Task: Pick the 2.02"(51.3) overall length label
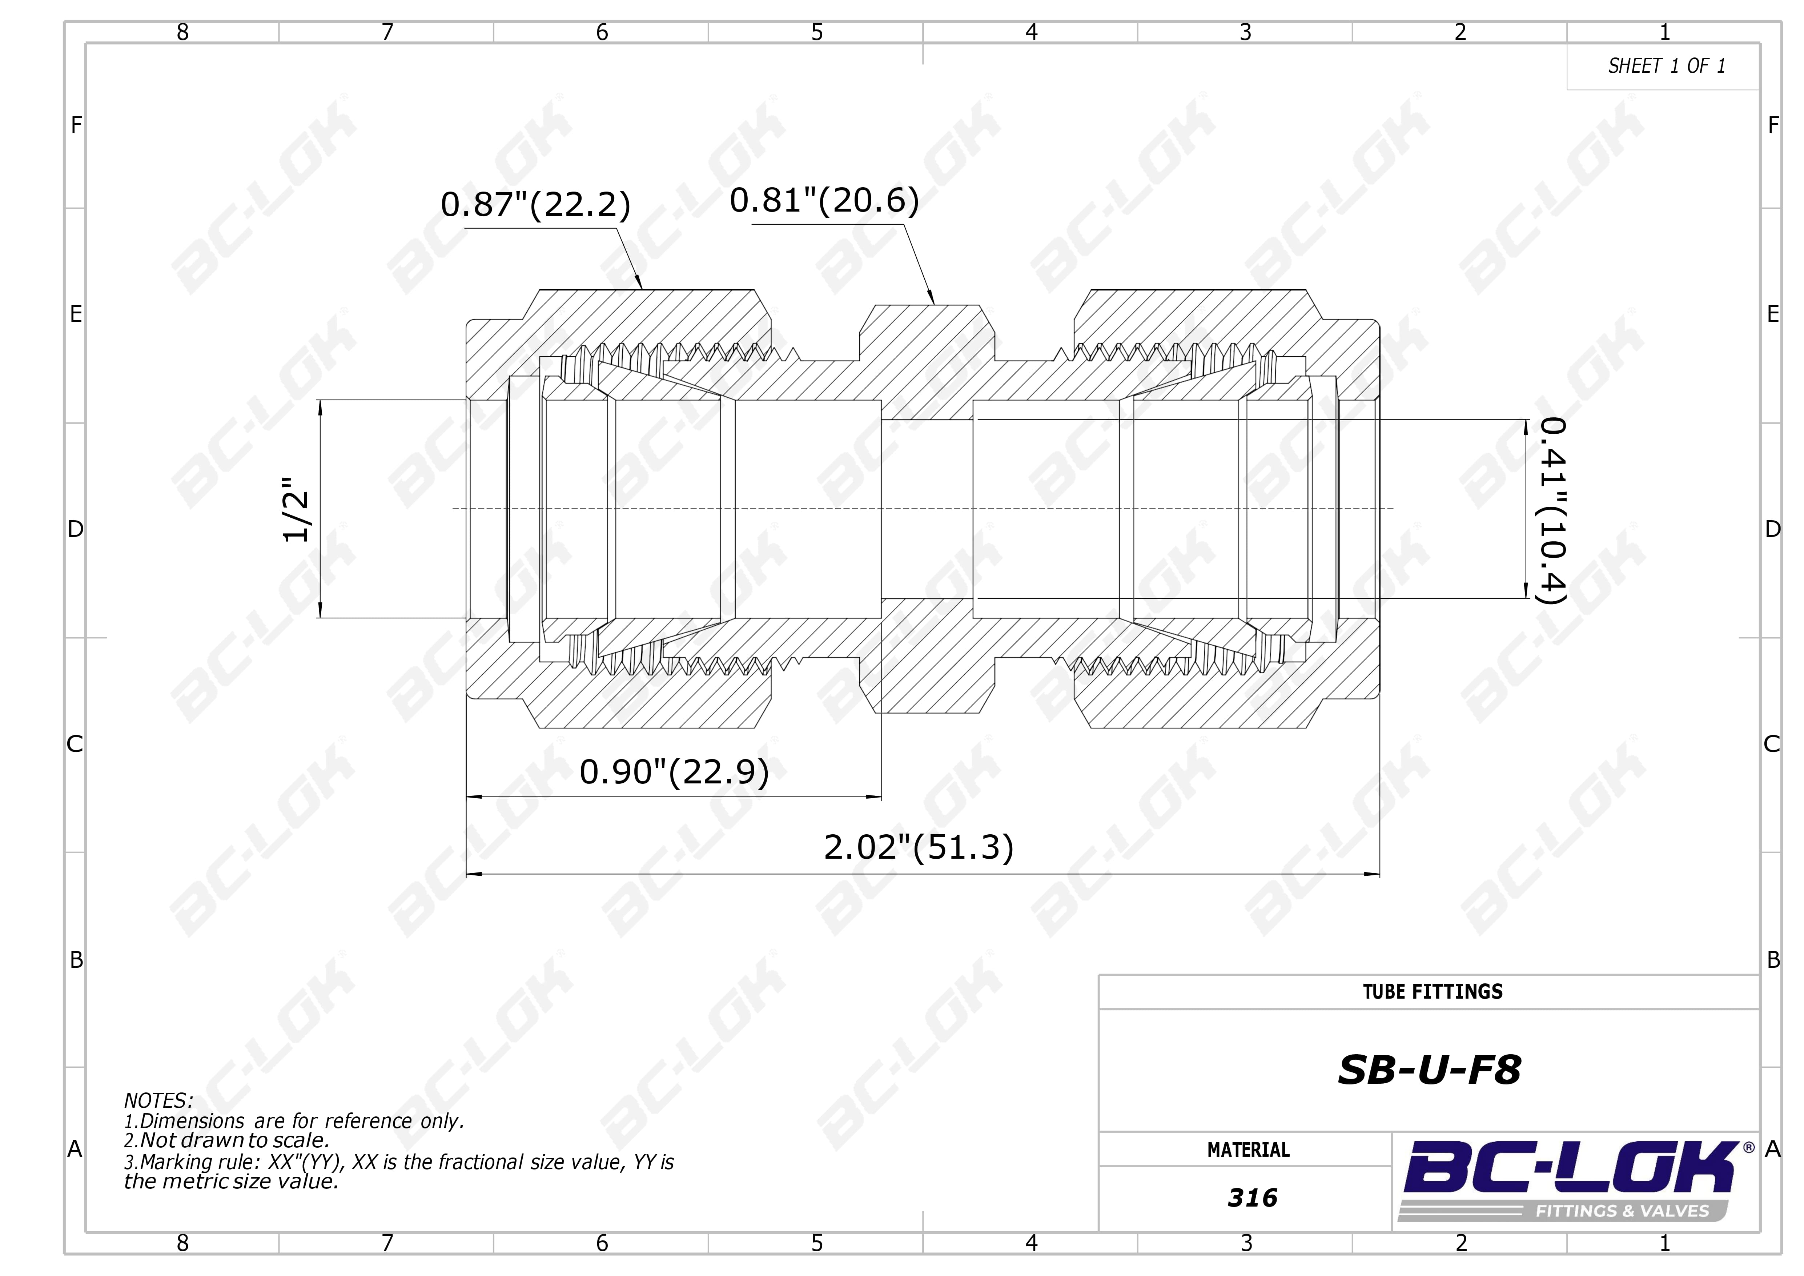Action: pyautogui.click(x=919, y=847)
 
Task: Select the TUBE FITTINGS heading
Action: pyautogui.click(x=1433, y=992)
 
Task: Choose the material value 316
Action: pyautogui.click(x=1253, y=1197)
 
